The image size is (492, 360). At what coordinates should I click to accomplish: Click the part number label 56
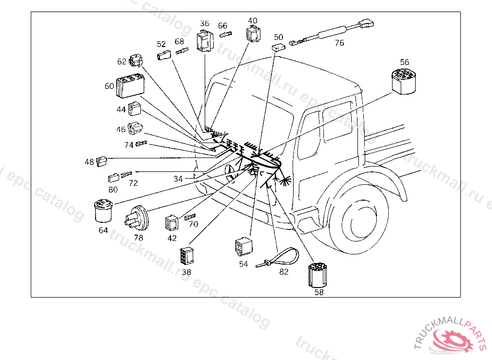pos(405,62)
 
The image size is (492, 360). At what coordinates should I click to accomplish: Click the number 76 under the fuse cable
pos(339,43)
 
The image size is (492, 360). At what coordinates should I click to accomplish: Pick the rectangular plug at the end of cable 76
pos(367,23)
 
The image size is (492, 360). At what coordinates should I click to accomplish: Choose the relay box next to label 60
pos(130,86)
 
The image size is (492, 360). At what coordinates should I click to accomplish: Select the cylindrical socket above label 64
pos(103,212)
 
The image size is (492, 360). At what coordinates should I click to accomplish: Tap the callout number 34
pos(178,179)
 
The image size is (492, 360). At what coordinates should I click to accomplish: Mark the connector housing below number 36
pos(205,41)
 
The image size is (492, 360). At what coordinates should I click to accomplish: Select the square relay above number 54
pos(244,247)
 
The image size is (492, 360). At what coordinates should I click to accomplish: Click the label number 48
pos(89,162)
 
